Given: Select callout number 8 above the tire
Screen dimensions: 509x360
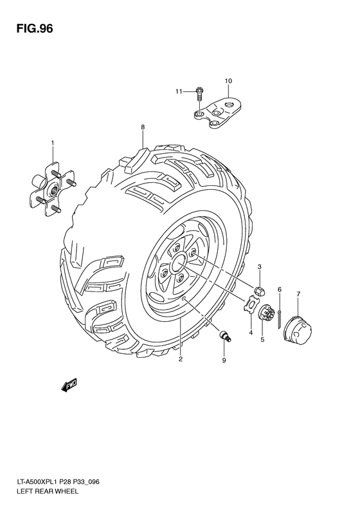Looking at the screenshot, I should [143, 127].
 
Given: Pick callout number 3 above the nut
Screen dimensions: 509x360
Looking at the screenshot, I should [260, 266].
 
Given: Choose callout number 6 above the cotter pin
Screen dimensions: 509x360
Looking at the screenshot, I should [280, 290].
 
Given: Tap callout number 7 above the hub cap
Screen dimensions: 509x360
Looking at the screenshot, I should [298, 294].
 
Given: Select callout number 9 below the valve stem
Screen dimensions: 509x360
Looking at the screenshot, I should [224, 360].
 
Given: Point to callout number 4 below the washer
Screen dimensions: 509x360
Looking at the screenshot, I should [250, 332].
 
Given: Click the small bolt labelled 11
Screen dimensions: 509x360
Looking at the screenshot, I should [199, 95].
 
